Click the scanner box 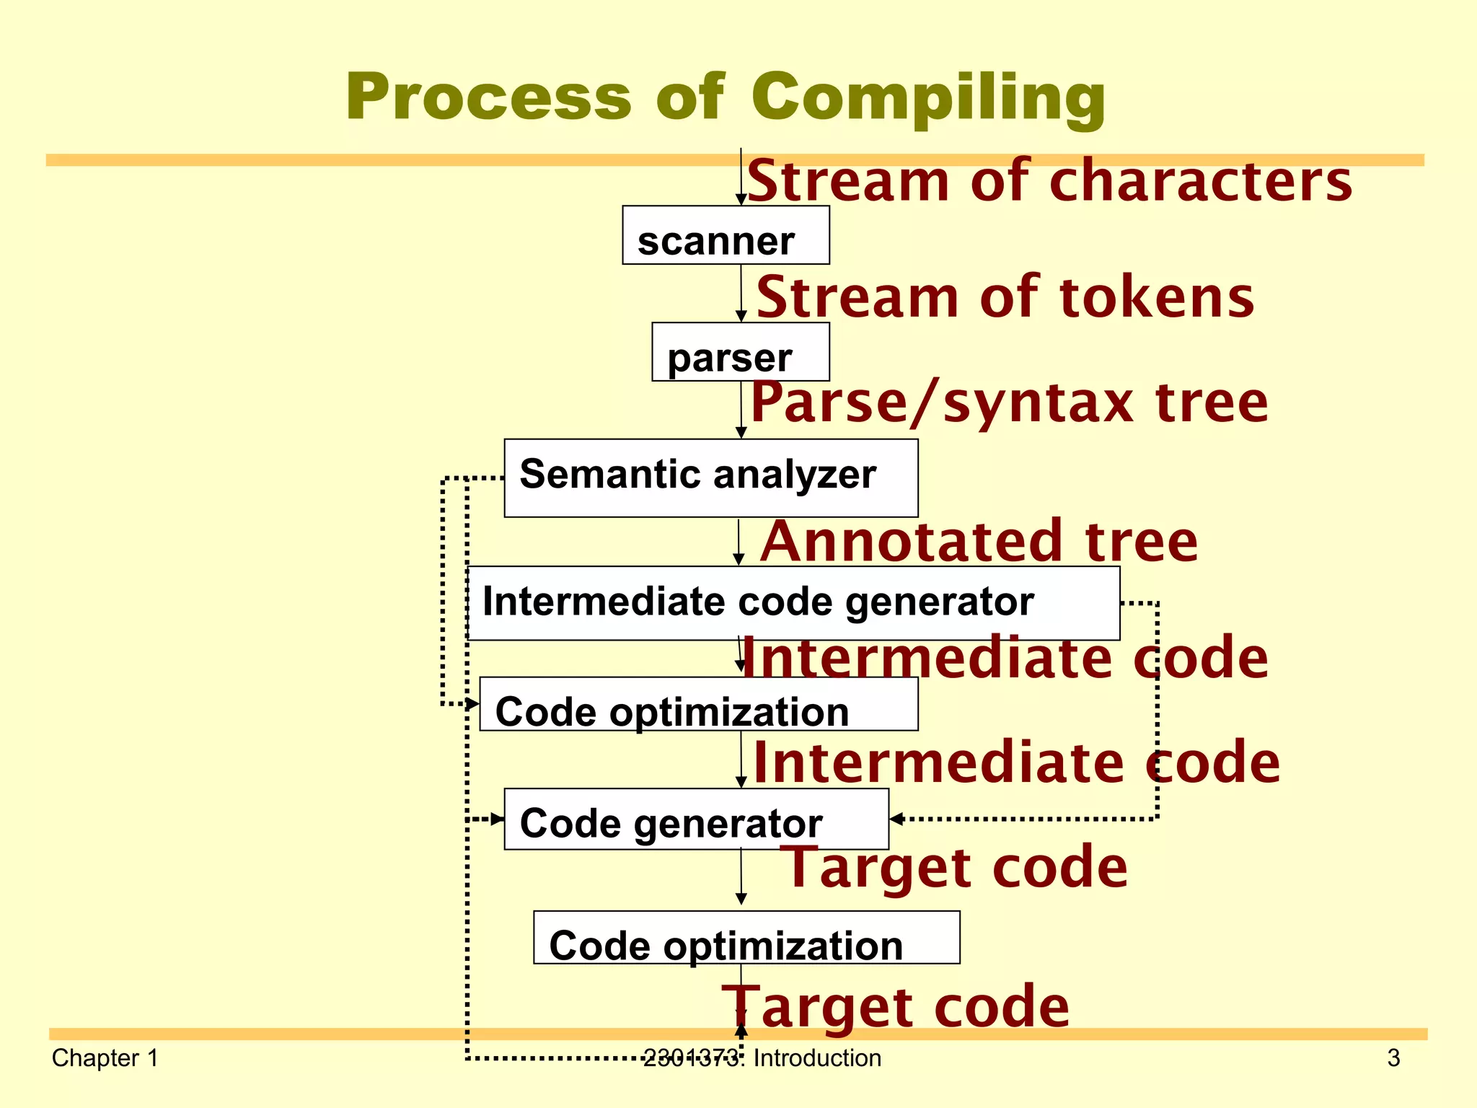click(726, 236)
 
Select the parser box click(740, 352)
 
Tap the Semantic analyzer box click(710, 478)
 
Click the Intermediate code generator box click(793, 603)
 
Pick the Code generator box click(696, 819)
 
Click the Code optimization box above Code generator click(698, 705)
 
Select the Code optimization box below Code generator click(746, 938)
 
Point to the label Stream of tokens click(1005, 297)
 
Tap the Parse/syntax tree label click(1009, 402)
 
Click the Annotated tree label click(979, 541)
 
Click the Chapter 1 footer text click(105, 1058)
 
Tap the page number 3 click(1393, 1058)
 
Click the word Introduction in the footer click(817, 1058)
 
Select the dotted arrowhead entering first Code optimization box click(472, 703)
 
